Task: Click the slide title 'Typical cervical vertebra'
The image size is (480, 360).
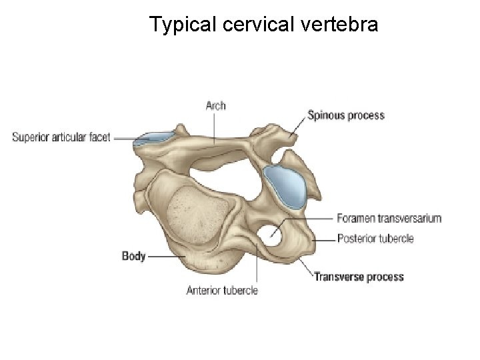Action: click(264, 25)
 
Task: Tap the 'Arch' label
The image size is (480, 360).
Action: click(215, 105)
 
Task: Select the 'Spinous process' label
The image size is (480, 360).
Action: click(345, 115)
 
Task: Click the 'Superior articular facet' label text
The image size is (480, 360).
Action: click(61, 138)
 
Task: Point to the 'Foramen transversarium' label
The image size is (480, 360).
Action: click(389, 218)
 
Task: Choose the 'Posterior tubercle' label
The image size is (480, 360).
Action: click(375, 238)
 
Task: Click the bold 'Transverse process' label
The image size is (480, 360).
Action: click(359, 277)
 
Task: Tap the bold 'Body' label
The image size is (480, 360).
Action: click(133, 255)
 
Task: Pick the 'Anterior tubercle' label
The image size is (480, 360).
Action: click(222, 290)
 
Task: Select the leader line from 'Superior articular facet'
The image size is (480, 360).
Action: click(124, 139)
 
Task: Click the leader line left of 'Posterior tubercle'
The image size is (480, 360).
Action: click(323, 239)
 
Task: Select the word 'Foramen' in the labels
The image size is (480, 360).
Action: click(356, 218)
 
